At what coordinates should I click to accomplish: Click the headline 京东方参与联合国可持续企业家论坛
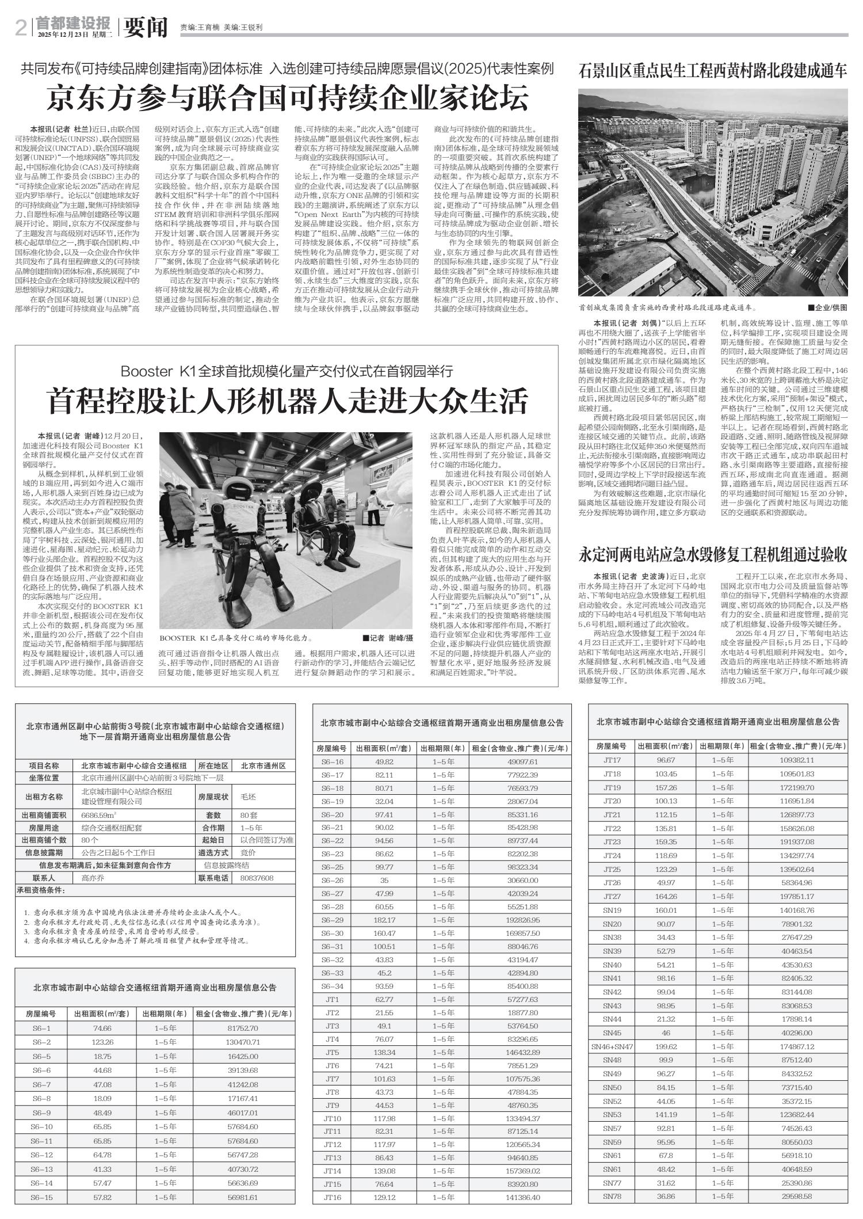point(287,99)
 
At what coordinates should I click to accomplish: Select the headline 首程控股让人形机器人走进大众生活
point(287,401)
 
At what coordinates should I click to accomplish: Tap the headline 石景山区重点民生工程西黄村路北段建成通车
point(713,73)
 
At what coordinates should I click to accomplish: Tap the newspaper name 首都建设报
point(72,22)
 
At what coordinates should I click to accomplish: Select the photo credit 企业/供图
point(827,308)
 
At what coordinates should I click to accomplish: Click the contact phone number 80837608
point(257,878)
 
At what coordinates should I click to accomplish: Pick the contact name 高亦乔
point(93,878)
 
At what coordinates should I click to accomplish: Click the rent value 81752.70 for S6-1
point(243,1028)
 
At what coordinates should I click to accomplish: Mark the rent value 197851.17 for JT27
point(797,896)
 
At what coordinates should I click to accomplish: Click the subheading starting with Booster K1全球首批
point(287,370)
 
